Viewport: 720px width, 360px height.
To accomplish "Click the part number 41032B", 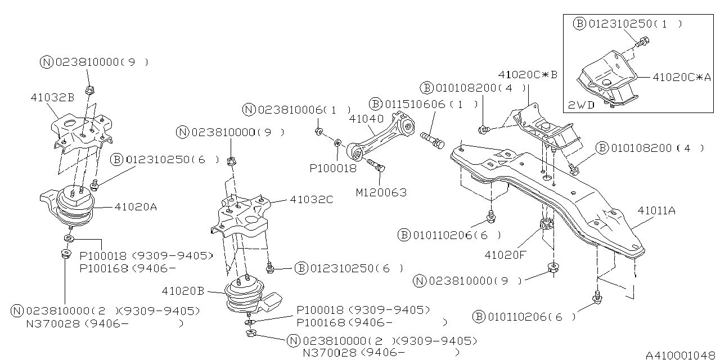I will pos(52,97).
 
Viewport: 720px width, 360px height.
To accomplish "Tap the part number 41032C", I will pos(311,199).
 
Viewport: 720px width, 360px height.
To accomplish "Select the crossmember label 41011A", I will pos(657,211).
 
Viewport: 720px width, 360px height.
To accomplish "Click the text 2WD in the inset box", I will pos(582,105).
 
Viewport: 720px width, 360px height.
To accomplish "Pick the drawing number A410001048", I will pos(681,355).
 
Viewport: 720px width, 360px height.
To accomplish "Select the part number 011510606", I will pos(415,104).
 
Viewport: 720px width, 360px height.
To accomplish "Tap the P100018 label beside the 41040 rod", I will pos(332,167).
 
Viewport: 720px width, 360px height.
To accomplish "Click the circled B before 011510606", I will pos(375,104).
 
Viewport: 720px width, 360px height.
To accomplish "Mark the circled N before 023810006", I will pos(250,110).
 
